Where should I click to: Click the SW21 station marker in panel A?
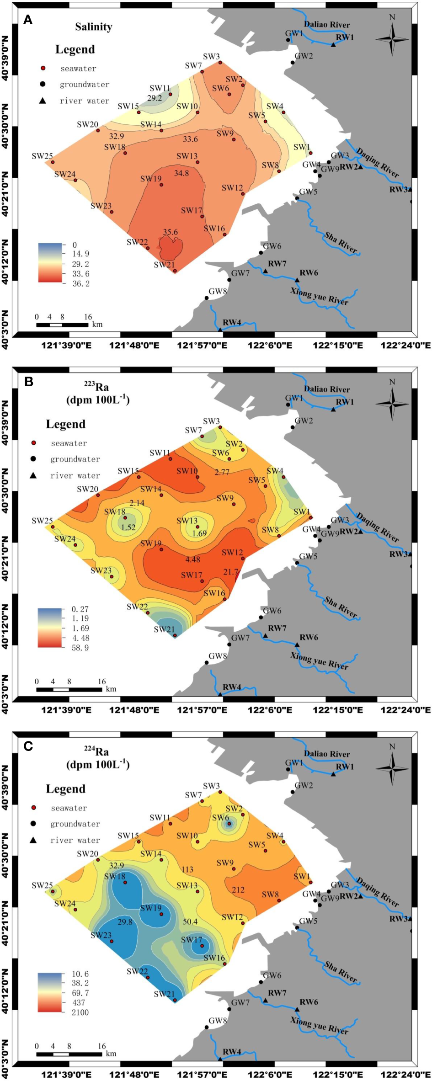(175, 271)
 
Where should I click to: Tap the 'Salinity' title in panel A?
(93, 27)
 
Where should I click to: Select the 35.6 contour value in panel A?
(170, 232)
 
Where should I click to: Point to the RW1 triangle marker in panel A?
(333, 44)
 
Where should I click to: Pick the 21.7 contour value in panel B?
(231, 572)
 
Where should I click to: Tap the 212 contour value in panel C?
(238, 889)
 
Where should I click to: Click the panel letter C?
(28, 746)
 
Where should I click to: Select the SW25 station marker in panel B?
(53, 527)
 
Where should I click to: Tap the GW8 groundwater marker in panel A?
(207, 298)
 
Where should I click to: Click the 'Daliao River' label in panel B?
(327, 389)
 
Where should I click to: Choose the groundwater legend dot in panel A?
(43, 84)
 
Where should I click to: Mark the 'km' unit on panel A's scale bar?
(97, 325)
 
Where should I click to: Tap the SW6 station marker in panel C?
(229, 824)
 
